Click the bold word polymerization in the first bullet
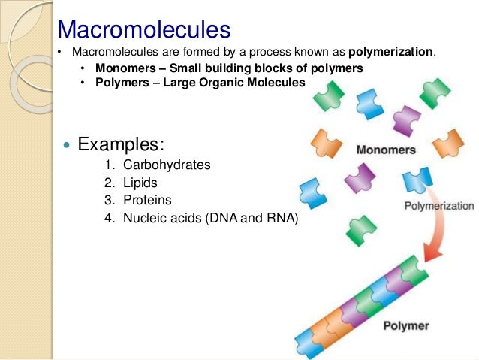[x=391, y=52]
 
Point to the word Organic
[x=219, y=83]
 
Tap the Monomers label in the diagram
[x=385, y=150]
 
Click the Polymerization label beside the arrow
[x=438, y=205]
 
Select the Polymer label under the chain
[x=405, y=326]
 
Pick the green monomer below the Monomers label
[x=362, y=228]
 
